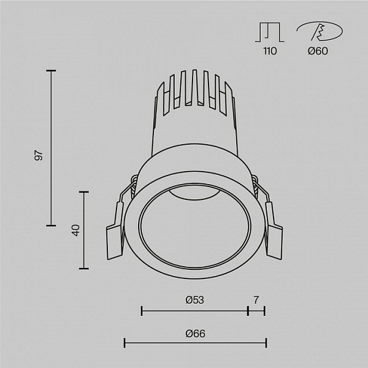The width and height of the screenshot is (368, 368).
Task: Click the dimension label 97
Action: click(x=39, y=155)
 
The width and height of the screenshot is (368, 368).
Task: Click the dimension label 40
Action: click(x=76, y=230)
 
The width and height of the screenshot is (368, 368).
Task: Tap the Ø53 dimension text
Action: click(x=194, y=300)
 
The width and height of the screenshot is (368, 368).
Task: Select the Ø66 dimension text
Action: click(x=195, y=334)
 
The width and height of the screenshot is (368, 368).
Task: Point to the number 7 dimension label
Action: click(x=256, y=300)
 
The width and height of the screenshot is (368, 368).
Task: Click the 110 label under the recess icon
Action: click(x=270, y=51)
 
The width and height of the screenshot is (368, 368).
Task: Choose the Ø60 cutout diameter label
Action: click(x=318, y=51)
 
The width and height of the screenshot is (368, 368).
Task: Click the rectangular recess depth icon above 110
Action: click(x=270, y=33)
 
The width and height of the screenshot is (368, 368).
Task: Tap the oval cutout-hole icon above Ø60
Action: click(x=320, y=31)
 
